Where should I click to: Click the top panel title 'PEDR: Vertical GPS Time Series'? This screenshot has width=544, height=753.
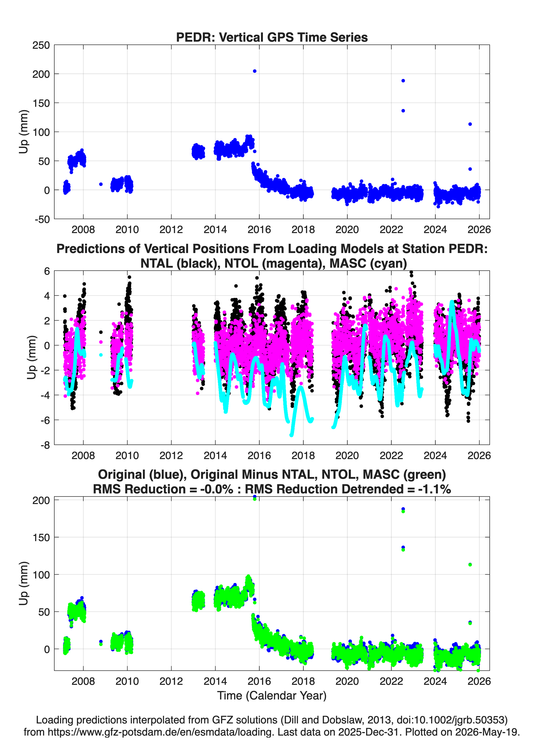coord(272,37)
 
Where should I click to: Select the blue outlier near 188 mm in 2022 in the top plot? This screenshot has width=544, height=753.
coord(403,81)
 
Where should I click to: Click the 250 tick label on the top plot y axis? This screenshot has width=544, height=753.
coord(41,45)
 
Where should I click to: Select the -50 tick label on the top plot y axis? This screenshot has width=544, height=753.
coord(42,219)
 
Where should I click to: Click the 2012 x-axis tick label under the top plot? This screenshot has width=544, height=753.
coord(171,230)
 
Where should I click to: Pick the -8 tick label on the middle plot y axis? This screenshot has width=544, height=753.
coord(45,445)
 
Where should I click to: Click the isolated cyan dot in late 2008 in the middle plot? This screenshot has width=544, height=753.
coord(101,355)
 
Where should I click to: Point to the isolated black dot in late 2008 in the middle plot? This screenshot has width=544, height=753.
coord(101,332)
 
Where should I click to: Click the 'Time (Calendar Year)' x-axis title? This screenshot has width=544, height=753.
coord(272,696)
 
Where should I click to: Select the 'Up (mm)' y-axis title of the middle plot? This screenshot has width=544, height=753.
coord(31,358)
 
